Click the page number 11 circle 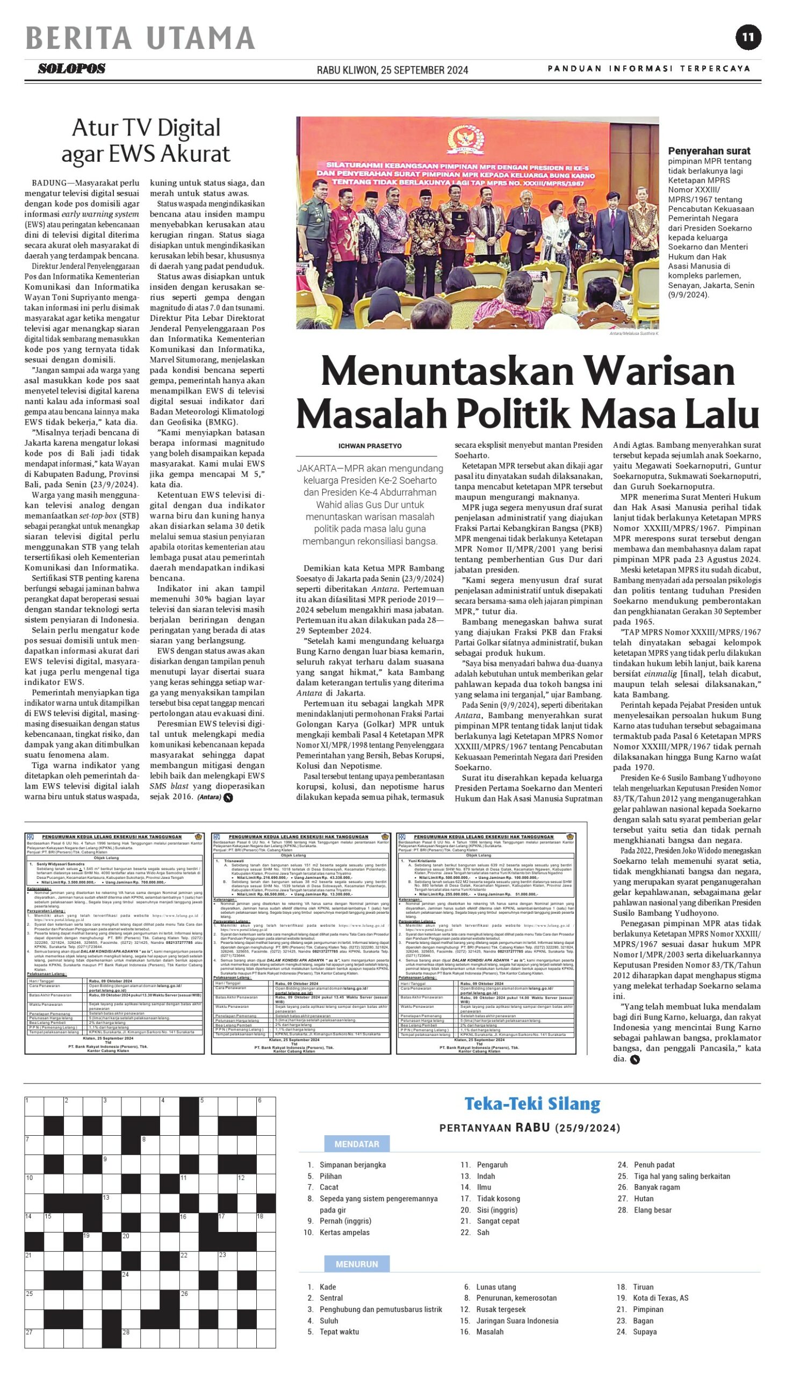[x=748, y=38]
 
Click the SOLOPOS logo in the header [x=71, y=69]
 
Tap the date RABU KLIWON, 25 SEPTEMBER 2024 [x=392, y=70]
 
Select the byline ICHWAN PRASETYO [x=370, y=446]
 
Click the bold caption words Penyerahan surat [x=709, y=151]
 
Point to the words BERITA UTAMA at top [x=140, y=38]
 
